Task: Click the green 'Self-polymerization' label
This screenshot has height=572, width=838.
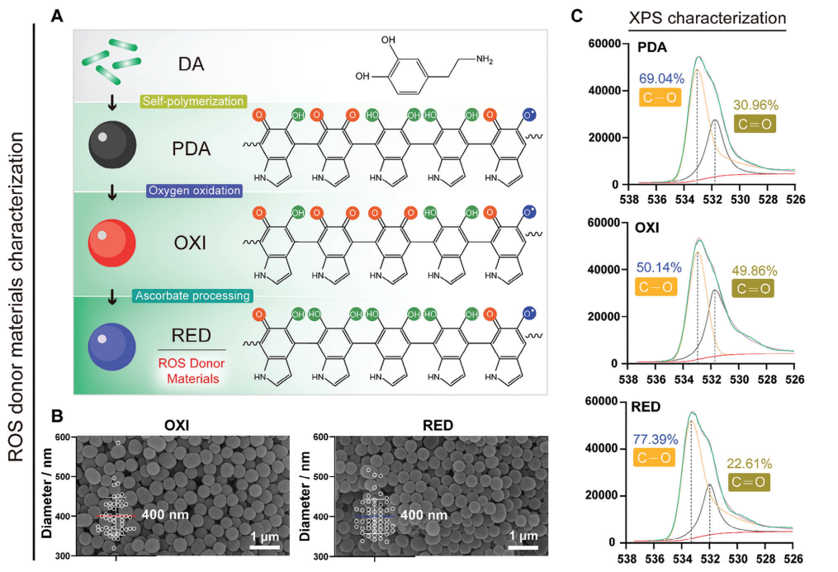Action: click(x=193, y=101)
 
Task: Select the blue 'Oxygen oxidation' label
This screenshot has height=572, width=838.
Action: click(x=195, y=191)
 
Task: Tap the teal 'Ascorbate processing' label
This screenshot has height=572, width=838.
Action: click(x=192, y=295)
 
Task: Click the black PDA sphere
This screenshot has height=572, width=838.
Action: click(x=112, y=145)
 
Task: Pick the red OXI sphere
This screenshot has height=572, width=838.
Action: click(x=111, y=243)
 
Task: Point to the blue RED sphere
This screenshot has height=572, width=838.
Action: click(x=111, y=347)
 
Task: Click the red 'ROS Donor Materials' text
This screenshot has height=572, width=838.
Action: click(x=192, y=371)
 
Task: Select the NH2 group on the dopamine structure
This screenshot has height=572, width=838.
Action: click(x=484, y=59)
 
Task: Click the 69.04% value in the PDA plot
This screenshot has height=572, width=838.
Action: click(x=661, y=78)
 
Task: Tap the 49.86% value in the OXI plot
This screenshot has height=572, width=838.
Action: click(x=754, y=271)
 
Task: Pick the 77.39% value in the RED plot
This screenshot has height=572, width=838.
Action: click(x=656, y=440)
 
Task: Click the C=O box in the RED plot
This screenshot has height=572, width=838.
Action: click(x=748, y=482)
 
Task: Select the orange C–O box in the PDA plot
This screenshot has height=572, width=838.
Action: click(x=660, y=97)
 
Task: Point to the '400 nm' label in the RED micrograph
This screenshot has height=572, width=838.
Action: click(x=424, y=515)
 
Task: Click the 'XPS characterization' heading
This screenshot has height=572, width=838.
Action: click(x=707, y=18)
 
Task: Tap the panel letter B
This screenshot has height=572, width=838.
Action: click(x=57, y=416)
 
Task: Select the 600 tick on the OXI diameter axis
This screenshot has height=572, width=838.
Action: click(x=63, y=437)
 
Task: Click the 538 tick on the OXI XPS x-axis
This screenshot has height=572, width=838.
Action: click(x=628, y=379)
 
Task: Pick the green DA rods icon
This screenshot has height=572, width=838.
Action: click(x=111, y=61)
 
